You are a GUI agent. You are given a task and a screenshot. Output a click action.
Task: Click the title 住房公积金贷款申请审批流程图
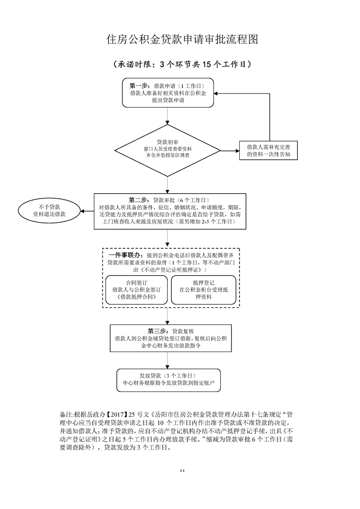coord(182,39)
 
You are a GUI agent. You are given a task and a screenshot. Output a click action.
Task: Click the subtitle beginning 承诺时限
coord(182,64)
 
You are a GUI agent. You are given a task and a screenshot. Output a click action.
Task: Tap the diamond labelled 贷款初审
coord(168,148)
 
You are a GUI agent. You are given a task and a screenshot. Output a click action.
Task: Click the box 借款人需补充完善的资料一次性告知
coord(268,151)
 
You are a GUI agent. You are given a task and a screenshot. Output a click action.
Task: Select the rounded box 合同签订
coord(133,289)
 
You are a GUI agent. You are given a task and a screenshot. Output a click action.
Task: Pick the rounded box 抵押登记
coord(203,289)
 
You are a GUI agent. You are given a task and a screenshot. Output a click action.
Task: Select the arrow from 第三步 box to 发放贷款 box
coord(168,360)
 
